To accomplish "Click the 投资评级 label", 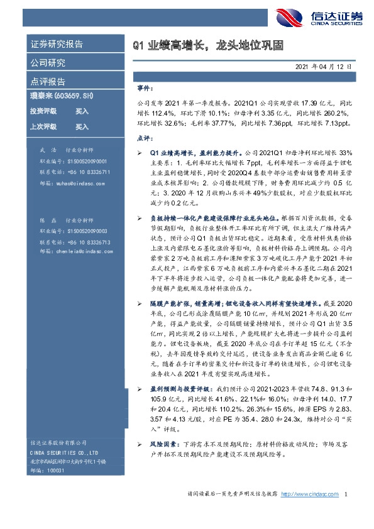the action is click(43, 111).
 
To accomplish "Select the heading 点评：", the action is click(145, 138).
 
